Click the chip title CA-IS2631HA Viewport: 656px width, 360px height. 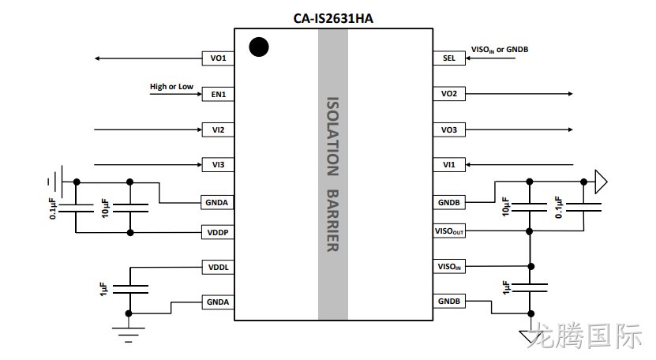[333, 18]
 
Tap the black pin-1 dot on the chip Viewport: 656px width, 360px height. [259, 47]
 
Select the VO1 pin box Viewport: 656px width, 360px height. [218, 58]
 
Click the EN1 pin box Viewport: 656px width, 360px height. [218, 94]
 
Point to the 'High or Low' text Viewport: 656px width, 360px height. [171, 86]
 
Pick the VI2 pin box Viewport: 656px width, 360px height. [218, 129]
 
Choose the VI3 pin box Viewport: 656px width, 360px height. [218, 164]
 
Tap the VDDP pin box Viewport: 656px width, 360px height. [218, 232]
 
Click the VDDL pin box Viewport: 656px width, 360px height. [218, 267]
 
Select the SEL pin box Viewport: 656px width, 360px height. [449, 58]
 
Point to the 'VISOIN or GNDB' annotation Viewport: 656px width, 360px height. [500, 50]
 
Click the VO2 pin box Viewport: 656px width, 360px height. [449, 94]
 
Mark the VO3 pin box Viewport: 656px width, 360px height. [449, 129]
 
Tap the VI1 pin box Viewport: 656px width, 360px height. [449, 164]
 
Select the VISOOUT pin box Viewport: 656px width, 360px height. [449, 231]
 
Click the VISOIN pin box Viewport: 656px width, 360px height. [449, 266]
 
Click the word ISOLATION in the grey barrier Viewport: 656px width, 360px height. [332, 137]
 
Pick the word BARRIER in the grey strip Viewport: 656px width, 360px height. [332, 220]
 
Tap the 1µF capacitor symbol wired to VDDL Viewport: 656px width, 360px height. [130, 289]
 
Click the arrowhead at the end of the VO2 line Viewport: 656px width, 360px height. [570, 94]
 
